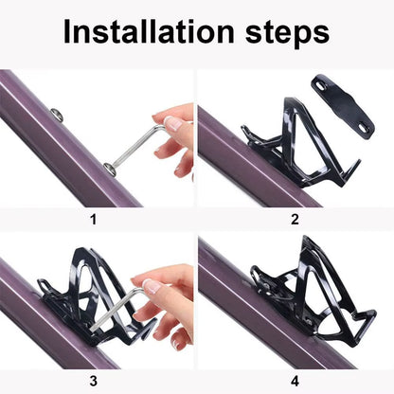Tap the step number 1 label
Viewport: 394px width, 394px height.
[x=94, y=220]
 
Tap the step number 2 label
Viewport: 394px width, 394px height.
[x=295, y=220]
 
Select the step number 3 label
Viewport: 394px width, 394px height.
[x=94, y=382]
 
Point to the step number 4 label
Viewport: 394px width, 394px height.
[x=295, y=382]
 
